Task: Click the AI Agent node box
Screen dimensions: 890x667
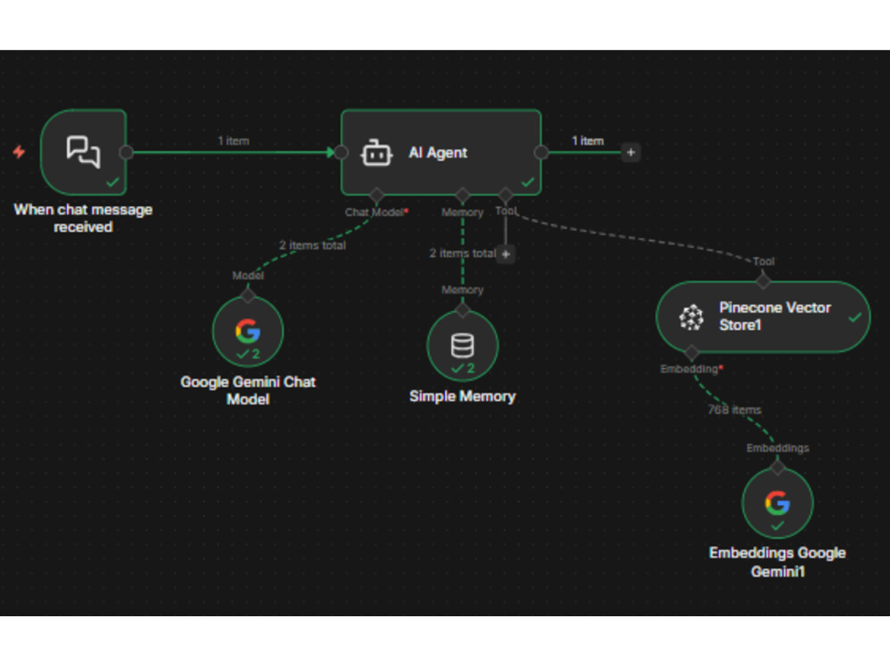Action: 441,153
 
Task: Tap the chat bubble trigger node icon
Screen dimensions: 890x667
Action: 84,152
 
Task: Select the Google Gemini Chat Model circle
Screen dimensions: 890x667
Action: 248,331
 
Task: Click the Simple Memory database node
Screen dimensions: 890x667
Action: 463,345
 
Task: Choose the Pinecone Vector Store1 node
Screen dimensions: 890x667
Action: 763,317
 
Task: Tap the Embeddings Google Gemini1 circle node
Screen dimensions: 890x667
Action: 778,503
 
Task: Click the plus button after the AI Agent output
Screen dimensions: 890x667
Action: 631,152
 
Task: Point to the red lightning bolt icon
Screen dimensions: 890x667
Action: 20,152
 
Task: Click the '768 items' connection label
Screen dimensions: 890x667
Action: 734,409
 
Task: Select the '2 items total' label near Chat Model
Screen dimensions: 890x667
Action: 312,245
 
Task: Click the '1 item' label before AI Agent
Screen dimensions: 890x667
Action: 233,141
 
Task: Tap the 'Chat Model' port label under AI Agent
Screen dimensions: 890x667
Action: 375,213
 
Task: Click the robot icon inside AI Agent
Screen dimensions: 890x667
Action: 376,153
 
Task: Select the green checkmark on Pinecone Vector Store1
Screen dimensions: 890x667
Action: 854,317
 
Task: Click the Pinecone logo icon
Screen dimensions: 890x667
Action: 692,317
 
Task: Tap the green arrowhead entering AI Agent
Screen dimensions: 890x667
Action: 331,152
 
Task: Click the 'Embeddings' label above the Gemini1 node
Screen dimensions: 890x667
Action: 778,448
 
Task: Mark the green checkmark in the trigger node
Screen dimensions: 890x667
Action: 112,182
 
